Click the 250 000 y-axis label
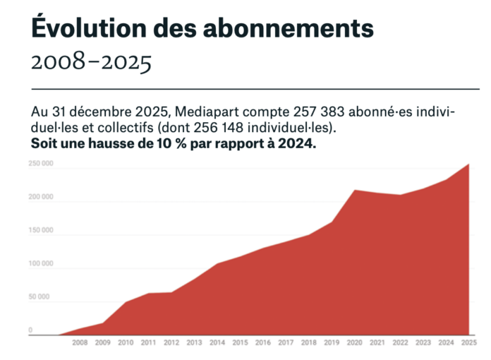point(40,164)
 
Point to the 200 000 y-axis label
point(40,198)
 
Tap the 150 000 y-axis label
point(40,231)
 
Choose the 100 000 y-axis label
point(40,264)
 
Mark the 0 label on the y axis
point(30,330)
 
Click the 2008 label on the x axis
point(80,343)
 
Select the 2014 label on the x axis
point(217,343)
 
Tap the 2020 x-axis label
point(353,343)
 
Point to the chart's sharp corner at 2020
point(354,190)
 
